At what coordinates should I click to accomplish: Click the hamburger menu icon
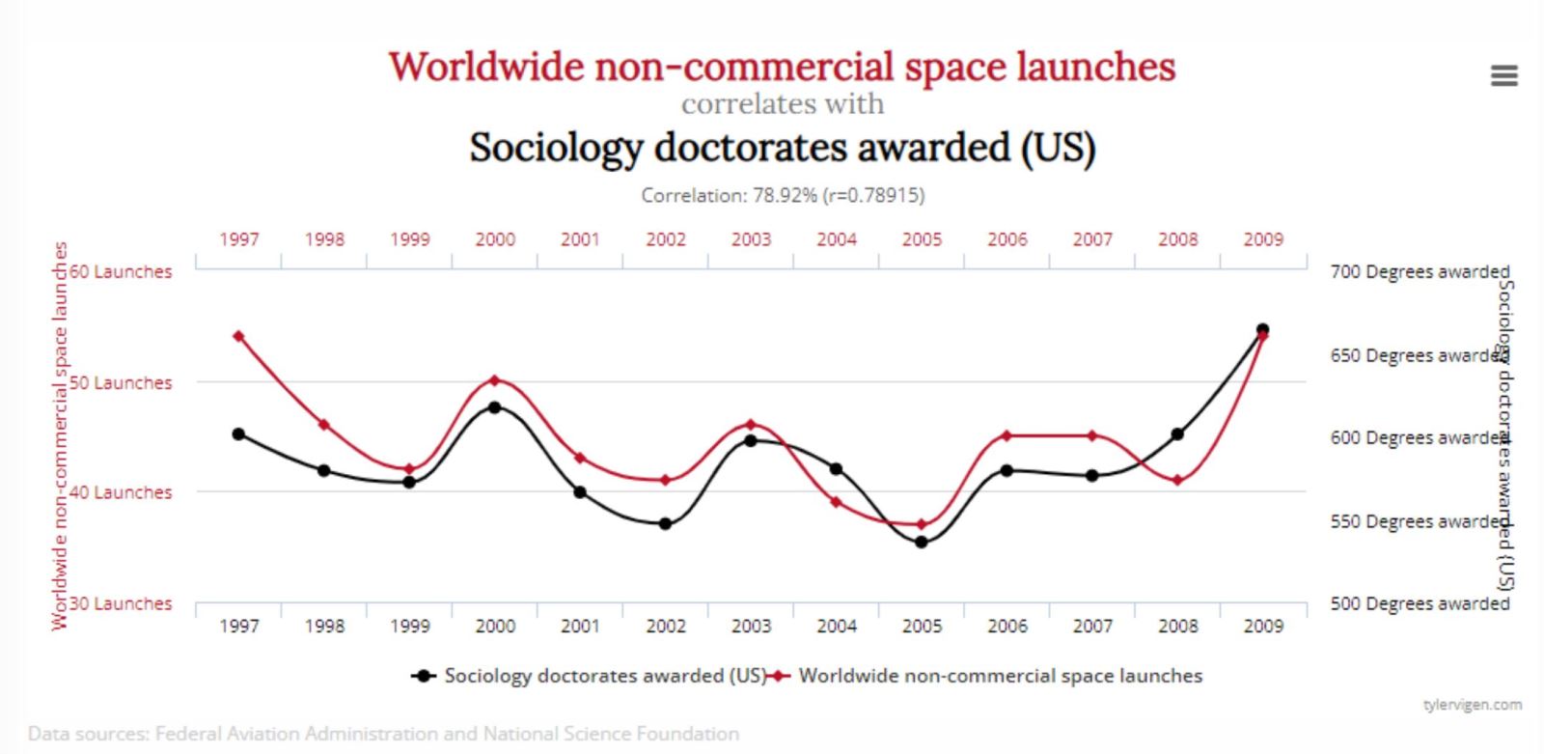1503,75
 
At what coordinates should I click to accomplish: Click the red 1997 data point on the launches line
238,336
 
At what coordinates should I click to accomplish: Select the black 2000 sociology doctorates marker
494,407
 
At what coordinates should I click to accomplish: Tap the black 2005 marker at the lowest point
922,542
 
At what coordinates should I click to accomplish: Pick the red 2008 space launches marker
1177,480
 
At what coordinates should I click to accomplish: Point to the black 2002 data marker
665,523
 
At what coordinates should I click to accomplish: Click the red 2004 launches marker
836,502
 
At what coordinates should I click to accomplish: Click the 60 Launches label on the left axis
121,271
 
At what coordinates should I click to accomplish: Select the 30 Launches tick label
121,603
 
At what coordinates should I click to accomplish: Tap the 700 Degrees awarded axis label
1419,271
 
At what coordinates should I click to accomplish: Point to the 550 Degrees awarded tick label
1419,521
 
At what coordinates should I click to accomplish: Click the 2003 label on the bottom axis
751,626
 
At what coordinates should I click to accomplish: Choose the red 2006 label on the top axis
1006,238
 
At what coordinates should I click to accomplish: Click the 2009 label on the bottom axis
1263,626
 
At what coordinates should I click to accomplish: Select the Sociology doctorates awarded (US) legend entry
604,676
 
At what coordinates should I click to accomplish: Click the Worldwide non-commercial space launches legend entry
1000,676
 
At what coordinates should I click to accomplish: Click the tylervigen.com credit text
1473,705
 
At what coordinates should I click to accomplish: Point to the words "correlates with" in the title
783,103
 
